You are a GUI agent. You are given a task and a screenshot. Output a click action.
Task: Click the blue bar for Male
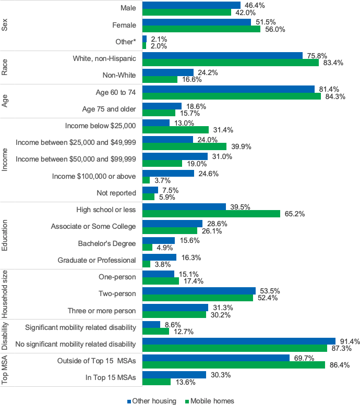click(x=191, y=5)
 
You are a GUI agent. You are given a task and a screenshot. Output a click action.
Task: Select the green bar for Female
click(x=201, y=29)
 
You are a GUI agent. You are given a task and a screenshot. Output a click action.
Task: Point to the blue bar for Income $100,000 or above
click(x=168, y=173)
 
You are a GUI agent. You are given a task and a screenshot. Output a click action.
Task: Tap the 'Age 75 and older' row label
click(x=109, y=109)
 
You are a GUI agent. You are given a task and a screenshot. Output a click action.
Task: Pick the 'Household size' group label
click(x=5, y=294)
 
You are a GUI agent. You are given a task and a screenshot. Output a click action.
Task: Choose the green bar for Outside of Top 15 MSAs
click(x=234, y=365)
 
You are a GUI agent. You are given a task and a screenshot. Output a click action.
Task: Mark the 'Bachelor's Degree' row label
click(x=107, y=243)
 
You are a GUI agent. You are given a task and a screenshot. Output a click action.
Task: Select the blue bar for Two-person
click(x=199, y=291)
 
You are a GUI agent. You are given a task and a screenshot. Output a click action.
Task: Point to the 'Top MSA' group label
click(x=5, y=370)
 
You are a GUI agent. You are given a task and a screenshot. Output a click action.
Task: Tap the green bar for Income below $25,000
click(x=175, y=129)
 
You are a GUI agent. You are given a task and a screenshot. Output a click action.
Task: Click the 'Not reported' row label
click(x=116, y=193)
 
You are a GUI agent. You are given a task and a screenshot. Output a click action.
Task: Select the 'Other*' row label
click(x=126, y=42)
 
